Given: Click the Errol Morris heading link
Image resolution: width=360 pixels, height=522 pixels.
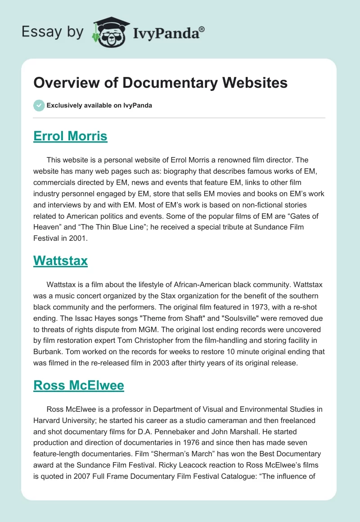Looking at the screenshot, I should point(70,136).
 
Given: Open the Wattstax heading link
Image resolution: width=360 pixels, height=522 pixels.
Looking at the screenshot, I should point(60,261).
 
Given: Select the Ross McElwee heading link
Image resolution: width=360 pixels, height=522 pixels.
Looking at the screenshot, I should point(78,386).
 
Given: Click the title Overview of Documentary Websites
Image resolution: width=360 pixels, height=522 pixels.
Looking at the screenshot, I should point(161,83).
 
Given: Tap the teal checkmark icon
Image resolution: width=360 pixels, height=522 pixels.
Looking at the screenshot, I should point(39,105).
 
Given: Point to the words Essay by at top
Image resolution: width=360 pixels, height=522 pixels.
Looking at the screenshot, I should point(53,32).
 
